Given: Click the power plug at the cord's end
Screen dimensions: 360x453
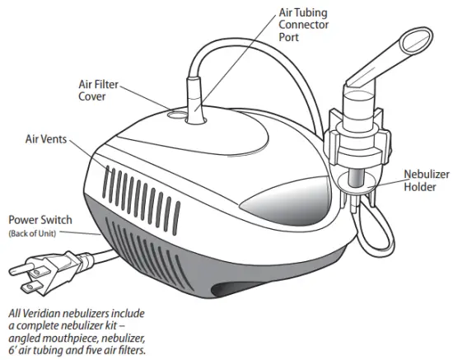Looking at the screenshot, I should pos(37,269).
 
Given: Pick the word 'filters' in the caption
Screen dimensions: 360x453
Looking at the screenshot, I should pos(132,350).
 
